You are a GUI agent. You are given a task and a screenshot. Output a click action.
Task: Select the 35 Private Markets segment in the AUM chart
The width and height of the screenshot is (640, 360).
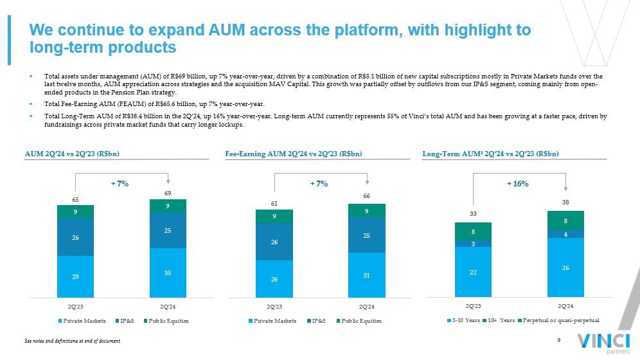[x=168, y=273]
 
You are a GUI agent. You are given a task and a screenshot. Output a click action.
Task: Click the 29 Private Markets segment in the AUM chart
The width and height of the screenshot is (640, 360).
[x=75, y=276]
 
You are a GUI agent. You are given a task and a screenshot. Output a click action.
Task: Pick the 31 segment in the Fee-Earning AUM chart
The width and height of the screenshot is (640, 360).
[x=366, y=274]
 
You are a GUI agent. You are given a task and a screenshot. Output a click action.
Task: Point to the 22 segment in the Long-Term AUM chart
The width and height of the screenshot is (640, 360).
[x=473, y=272]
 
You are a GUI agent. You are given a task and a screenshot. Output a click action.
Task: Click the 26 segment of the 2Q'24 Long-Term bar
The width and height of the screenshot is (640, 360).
[x=565, y=267]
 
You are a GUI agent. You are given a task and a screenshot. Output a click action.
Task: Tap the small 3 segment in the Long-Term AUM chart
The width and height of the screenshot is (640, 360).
[x=473, y=243]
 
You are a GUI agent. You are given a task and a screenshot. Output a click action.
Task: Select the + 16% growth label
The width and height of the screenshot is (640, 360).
[x=517, y=184]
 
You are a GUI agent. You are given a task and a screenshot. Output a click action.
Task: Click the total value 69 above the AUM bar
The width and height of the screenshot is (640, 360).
[x=168, y=194]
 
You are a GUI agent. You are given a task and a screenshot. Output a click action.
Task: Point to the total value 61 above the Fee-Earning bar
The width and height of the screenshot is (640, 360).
[x=274, y=203]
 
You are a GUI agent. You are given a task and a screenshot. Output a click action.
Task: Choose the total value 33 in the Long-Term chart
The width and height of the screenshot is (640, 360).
[x=473, y=213]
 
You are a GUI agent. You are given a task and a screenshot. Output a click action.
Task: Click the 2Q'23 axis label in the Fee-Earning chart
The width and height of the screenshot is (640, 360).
[x=274, y=307]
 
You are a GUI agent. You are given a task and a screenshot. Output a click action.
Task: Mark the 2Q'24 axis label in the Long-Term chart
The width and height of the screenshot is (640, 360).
[x=565, y=307]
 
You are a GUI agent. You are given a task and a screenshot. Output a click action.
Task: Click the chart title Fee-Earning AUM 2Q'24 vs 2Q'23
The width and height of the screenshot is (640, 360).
[x=294, y=154]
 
